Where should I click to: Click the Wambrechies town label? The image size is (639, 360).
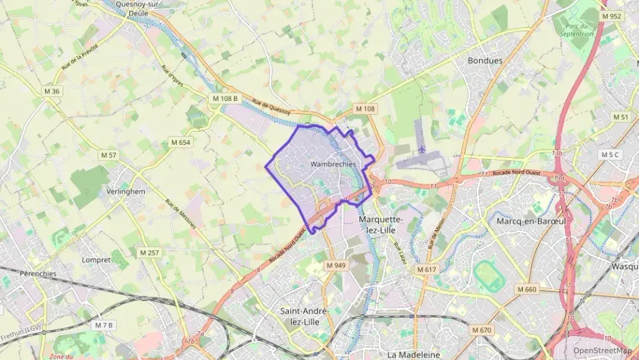[x=332, y=165]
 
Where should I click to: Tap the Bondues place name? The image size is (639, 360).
[x=485, y=61]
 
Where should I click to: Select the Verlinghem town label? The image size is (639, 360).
[x=126, y=192]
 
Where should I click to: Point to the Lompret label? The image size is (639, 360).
[x=96, y=260]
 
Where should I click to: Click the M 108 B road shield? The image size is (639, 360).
[x=225, y=98]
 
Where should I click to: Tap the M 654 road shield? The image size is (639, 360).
[x=181, y=142]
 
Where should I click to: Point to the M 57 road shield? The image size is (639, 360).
[x=109, y=155]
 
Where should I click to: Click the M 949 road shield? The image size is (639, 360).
[x=336, y=265]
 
